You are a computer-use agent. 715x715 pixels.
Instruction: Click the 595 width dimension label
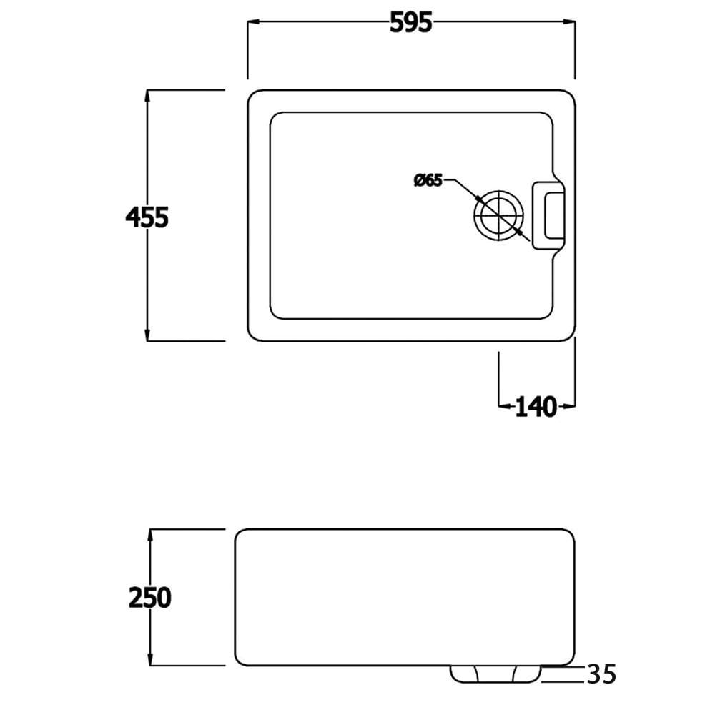(411, 23)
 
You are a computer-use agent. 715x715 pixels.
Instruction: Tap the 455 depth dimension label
(147, 216)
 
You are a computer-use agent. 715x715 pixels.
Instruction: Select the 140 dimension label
(536, 407)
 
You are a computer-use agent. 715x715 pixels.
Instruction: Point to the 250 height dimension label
(150, 597)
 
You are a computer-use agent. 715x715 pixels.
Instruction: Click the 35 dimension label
(601, 674)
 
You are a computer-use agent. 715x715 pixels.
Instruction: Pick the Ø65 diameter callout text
(428, 180)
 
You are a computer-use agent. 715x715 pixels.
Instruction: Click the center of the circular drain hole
(498, 215)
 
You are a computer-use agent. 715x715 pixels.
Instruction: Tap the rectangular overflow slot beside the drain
(548, 215)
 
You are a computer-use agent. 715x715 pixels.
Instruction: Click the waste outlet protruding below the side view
(495, 673)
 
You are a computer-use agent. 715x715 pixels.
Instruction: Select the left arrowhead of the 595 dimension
(252, 23)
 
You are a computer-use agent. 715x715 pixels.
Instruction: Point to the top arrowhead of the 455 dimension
(147, 95)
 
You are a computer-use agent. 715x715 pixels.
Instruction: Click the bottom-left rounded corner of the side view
(239, 661)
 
